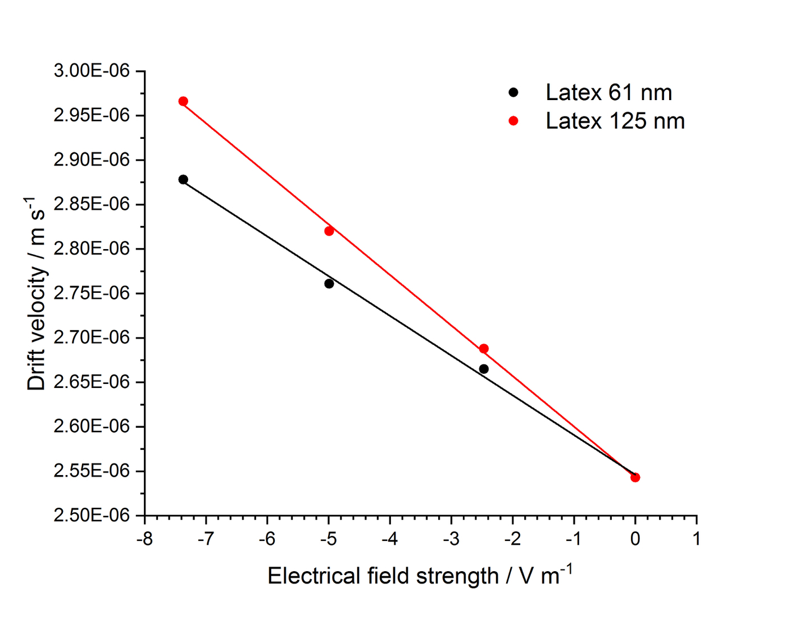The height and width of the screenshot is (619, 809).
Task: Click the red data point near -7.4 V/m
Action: point(183,101)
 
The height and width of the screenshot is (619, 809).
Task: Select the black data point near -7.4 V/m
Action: point(183,179)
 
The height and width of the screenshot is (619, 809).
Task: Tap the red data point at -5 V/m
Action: point(329,231)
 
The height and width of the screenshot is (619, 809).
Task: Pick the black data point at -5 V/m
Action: point(329,283)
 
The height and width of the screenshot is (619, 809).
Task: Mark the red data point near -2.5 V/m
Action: point(484,349)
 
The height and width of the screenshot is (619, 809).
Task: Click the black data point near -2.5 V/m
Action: point(484,369)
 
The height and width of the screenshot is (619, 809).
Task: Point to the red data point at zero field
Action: point(635,477)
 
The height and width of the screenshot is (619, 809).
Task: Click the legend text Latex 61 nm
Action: point(608,93)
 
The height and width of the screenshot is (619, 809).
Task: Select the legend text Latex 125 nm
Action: point(615,121)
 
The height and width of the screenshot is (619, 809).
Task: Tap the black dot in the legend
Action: point(513,92)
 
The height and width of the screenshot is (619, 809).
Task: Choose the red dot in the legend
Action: point(513,121)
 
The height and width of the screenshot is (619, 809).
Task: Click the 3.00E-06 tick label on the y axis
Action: point(92,71)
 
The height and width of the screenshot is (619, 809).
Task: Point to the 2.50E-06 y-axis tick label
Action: point(92,515)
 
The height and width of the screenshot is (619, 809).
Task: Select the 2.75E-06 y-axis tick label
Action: point(92,293)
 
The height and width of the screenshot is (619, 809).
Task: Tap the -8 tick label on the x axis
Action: point(144,539)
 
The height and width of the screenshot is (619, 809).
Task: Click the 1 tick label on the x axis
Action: point(697,539)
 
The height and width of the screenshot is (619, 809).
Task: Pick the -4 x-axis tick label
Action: point(389,539)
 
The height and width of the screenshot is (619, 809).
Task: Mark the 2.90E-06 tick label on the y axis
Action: point(92,160)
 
